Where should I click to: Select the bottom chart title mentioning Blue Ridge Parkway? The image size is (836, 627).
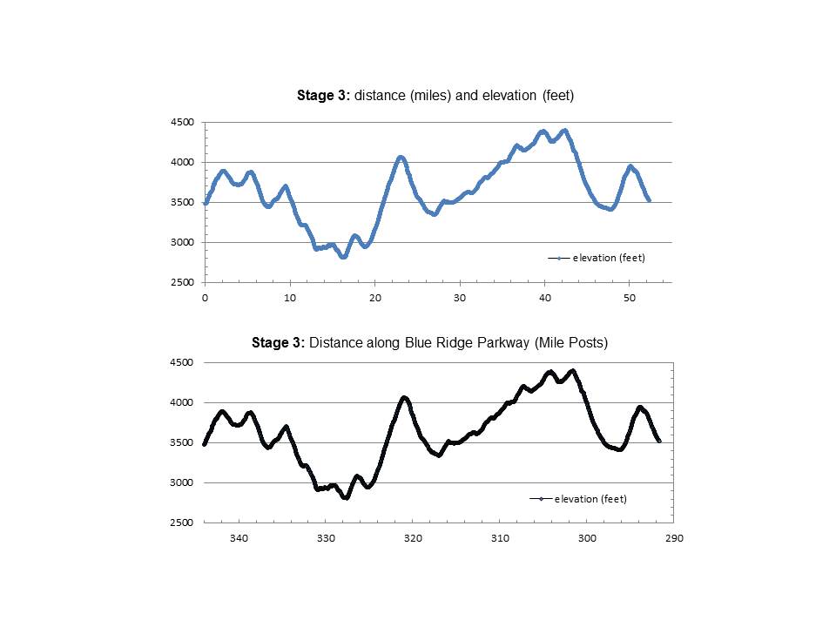click(x=429, y=343)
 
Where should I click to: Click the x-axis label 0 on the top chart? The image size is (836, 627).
click(x=205, y=298)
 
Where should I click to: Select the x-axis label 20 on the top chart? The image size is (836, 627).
click(x=374, y=298)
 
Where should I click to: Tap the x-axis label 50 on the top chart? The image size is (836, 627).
click(x=630, y=298)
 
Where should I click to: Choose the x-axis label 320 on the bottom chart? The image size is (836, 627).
click(x=413, y=538)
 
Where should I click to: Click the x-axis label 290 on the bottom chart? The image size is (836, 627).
click(x=674, y=538)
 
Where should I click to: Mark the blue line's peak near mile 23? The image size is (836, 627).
click(x=401, y=158)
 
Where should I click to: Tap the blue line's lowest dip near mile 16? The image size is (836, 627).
click(x=343, y=257)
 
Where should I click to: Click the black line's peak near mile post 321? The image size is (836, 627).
click(x=404, y=398)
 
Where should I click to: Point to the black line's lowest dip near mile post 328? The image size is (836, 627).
click(x=346, y=497)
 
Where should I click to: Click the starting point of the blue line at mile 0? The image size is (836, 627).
click(x=206, y=203)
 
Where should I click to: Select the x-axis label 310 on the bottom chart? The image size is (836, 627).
click(x=500, y=538)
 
